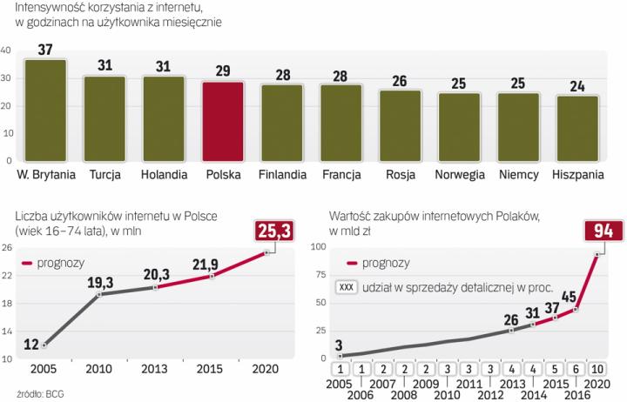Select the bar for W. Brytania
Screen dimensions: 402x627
[45, 109]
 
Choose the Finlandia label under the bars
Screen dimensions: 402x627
[283, 173]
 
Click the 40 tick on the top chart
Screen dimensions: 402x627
[7, 51]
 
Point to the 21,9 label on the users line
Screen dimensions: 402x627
[206, 263]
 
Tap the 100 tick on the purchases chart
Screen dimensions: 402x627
[317, 249]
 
